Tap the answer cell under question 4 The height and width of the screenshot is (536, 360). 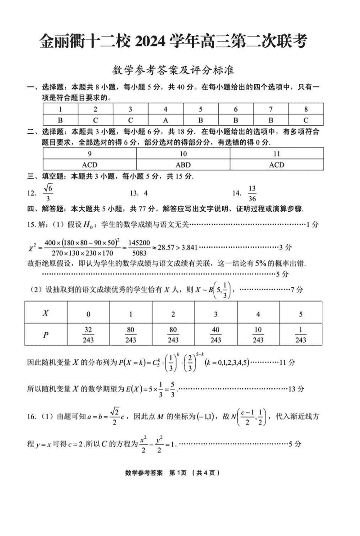click(x=165, y=120)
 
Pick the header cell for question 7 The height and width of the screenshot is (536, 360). click(x=271, y=109)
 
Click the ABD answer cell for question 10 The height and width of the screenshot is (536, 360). click(x=183, y=164)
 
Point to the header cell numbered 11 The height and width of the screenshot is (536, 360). click(x=276, y=154)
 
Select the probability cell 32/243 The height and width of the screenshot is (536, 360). click(x=88, y=335)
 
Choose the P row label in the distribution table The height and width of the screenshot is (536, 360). click(x=45, y=335)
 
